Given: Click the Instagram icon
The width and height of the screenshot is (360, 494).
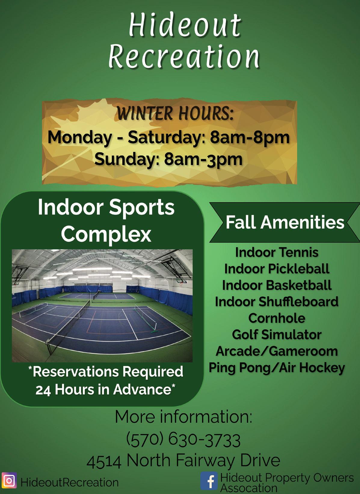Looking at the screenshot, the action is (x=9, y=480).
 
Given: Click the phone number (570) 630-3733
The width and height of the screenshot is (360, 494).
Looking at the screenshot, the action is (x=183, y=440).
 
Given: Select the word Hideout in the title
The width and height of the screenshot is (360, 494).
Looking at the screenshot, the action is (x=185, y=25).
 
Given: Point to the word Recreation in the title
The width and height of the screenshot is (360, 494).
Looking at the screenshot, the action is (x=184, y=56).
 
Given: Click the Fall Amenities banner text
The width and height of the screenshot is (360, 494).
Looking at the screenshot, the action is (x=285, y=222).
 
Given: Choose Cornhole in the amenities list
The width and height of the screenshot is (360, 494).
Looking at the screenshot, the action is (x=277, y=318).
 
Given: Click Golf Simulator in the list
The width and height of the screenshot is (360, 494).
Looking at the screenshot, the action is (x=277, y=334).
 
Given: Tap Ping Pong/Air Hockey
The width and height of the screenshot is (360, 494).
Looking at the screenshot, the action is (x=277, y=368).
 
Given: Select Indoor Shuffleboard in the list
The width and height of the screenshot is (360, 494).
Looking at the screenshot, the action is (x=277, y=301).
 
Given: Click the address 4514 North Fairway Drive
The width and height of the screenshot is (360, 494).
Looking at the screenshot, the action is (x=183, y=461).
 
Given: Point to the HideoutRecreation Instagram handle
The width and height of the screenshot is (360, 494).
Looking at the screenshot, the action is (x=69, y=482).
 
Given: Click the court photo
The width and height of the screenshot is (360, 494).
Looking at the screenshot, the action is (x=102, y=306).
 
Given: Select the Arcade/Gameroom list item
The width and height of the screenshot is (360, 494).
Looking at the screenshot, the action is (x=277, y=351).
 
